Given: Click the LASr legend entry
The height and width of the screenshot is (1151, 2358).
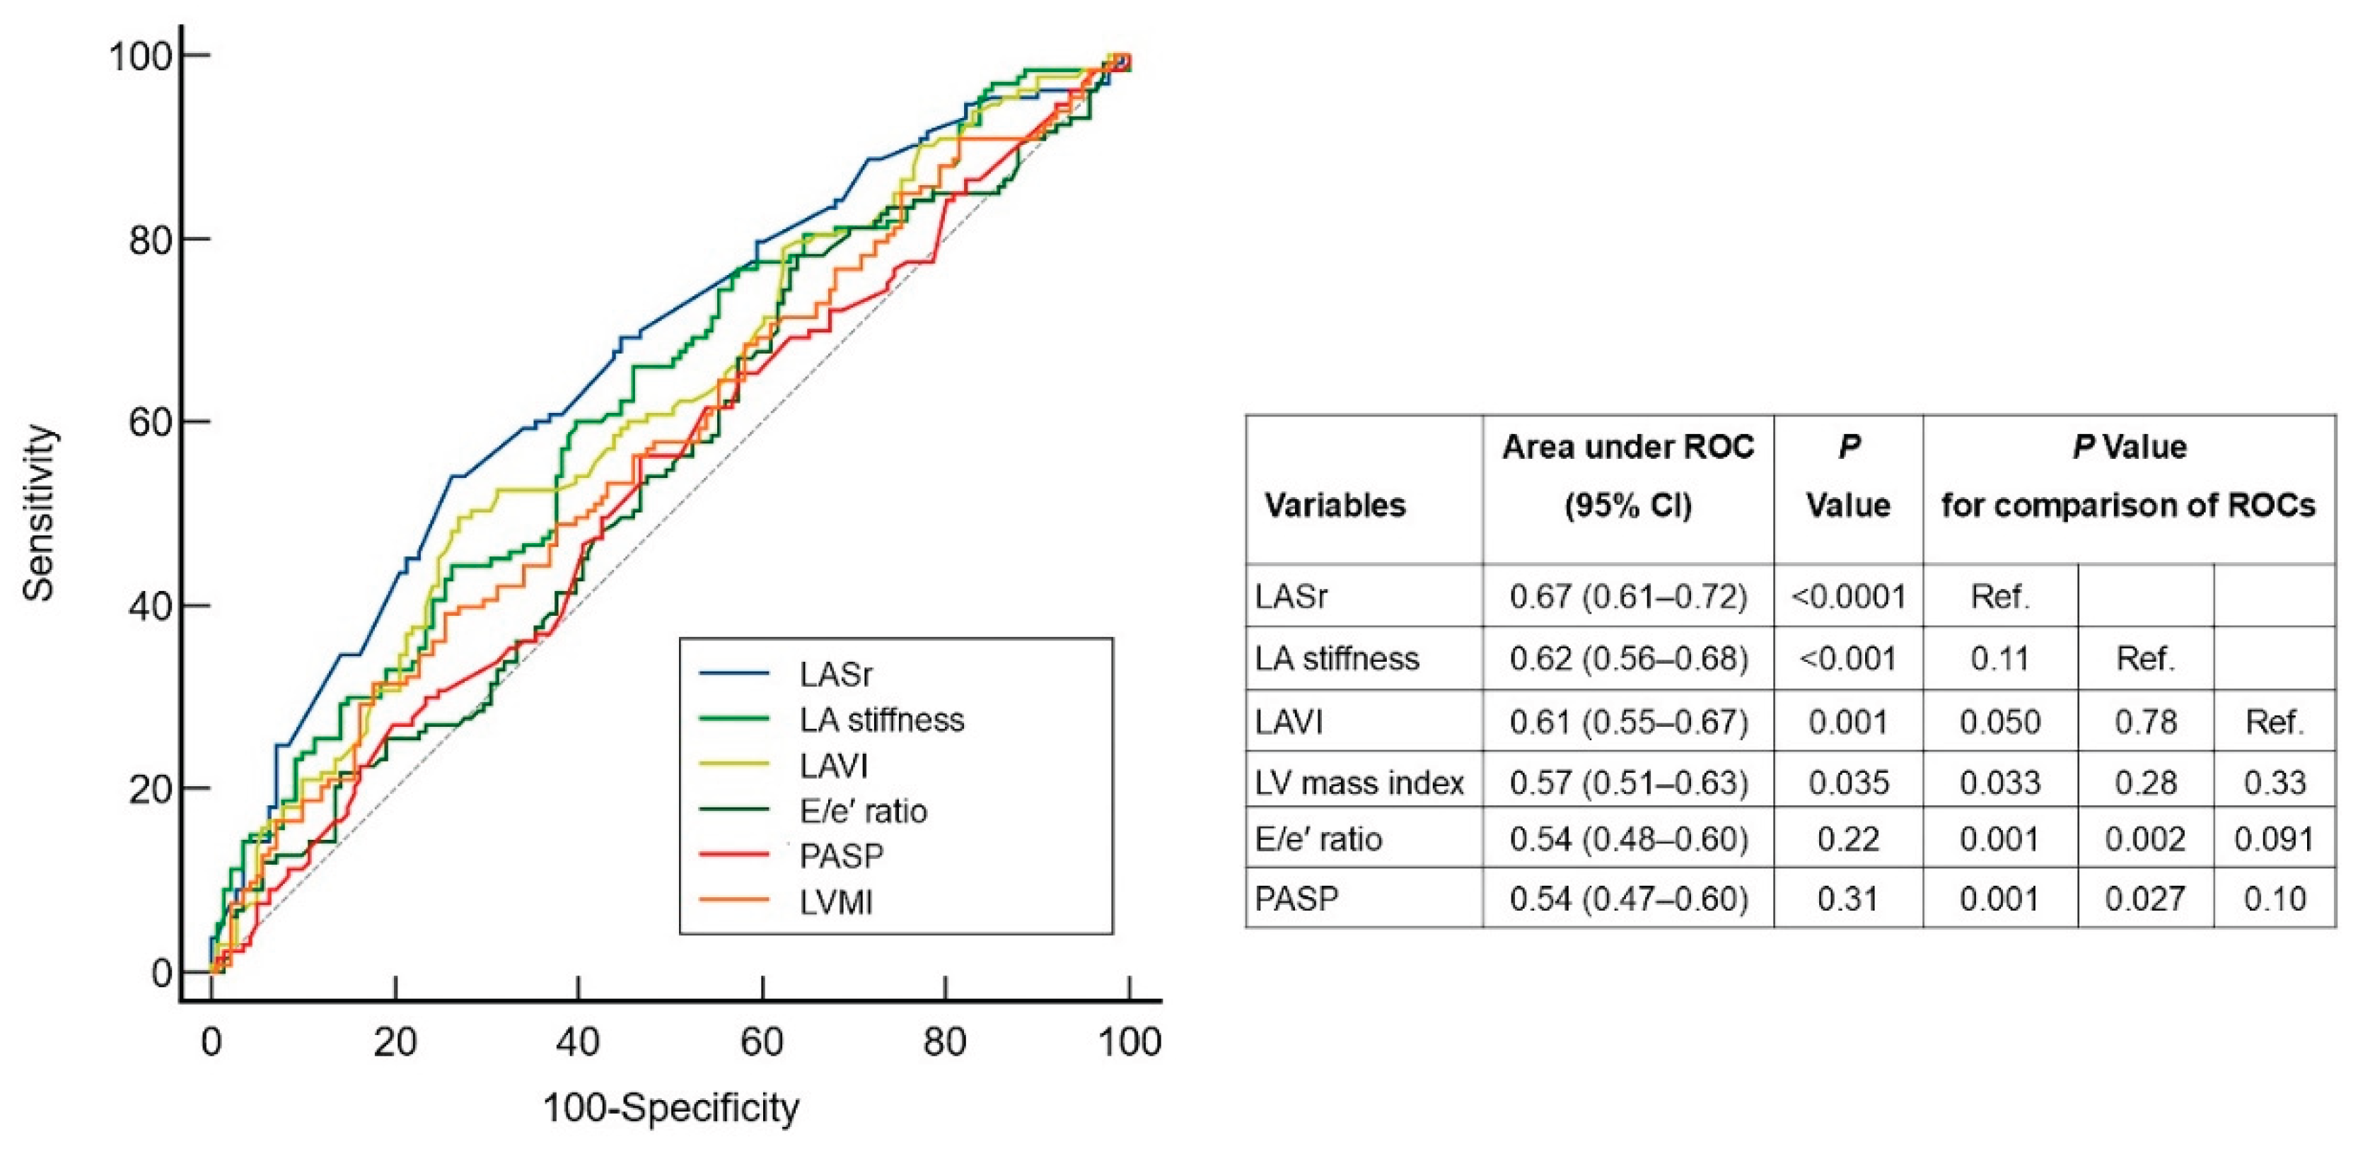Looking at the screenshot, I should (x=835, y=674).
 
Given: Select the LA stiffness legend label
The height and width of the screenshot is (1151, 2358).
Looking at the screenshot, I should (x=881, y=720).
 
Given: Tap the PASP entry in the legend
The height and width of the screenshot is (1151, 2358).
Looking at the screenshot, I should (x=841, y=856).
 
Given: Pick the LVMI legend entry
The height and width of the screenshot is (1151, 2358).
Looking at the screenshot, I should (x=836, y=902).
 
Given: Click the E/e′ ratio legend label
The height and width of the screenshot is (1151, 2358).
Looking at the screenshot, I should (x=862, y=811).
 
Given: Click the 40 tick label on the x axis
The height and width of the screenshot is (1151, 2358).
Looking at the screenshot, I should (x=578, y=1042).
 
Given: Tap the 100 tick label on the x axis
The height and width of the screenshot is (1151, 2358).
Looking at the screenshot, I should (x=1129, y=1042).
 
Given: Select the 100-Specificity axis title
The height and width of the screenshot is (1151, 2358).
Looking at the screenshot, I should (x=671, y=1108).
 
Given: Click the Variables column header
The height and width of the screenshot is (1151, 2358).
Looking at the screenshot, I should (x=1335, y=505).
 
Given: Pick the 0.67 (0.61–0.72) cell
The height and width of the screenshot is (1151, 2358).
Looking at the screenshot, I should (x=1627, y=597).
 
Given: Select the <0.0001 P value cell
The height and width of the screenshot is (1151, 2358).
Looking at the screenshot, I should (x=1848, y=597).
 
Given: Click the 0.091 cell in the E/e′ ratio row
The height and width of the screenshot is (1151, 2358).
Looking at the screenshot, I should (x=2274, y=839).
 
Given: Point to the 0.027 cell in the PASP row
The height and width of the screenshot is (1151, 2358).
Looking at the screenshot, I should (x=2144, y=899).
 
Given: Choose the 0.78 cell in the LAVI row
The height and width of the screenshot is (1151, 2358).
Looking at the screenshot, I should (x=2144, y=723).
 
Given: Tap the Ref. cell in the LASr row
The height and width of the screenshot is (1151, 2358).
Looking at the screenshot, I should (x=2000, y=597).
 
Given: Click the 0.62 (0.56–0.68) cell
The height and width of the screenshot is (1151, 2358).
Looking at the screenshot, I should (x=1627, y=659).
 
